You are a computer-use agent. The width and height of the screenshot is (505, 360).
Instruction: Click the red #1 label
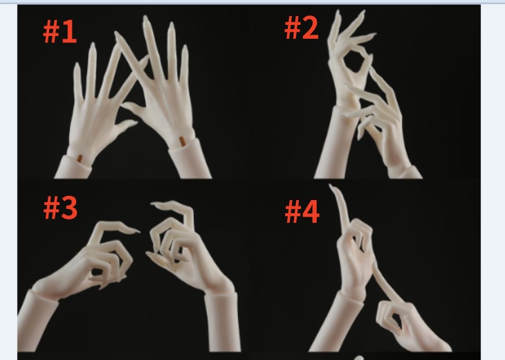(x=60, y=32)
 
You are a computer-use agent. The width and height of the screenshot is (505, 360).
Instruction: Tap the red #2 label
(x=302, y=28)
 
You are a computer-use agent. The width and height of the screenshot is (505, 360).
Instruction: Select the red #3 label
(x=61, y=208)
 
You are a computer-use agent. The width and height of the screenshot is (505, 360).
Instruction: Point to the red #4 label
(x=302, y=211)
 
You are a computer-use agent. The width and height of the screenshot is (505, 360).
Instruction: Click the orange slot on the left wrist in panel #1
(x=80, y=159)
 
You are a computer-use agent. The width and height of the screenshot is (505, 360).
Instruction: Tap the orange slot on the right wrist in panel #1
(x=183, y=141)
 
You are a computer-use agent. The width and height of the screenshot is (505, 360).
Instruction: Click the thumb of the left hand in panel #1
(x=125, y=126)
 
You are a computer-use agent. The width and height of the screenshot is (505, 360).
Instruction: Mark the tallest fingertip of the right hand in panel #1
(x=145, y=17)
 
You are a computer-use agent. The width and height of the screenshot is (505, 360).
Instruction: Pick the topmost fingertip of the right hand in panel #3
(x=154, y=204)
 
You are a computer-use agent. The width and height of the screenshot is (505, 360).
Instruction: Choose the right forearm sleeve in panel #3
(x=222, y=322)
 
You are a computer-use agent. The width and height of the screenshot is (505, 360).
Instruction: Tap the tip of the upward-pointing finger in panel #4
(x=331, y=186)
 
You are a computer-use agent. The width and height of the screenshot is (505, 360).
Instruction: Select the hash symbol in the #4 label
(x=293, y=211)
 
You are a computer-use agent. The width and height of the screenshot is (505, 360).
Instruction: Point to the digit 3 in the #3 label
(x=69, y=208)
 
